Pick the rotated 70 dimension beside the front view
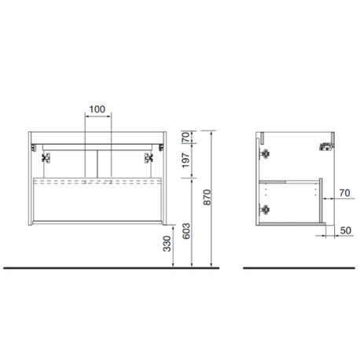point(186,138)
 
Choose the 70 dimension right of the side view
point(343,191)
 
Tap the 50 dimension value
point(343,232)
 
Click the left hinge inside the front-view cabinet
point(44,156)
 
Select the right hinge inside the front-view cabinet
point(149,156)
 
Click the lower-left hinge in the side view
point(266,209)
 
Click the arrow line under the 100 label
point(97,117)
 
